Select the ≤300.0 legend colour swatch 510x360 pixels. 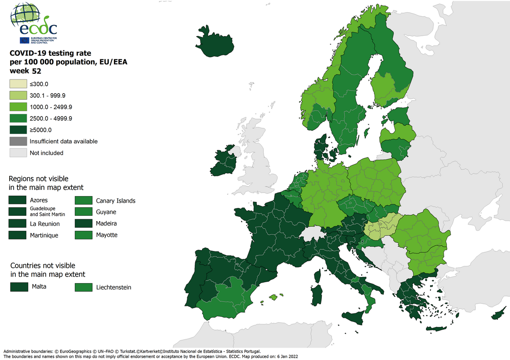click(x=18, y=84)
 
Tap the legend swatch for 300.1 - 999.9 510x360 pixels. click(x=18, y=95)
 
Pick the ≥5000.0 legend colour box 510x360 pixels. click(x=18, y=130)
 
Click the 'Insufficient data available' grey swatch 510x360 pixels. click(x=18, y=141)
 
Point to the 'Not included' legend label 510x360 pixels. click(x=47, y=153)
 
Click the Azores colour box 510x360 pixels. click(x=18, y=200)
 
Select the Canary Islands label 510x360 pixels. click(x=116, y=201)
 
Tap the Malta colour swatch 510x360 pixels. click(x=18, y=287)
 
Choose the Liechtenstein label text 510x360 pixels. click(x=113, y=287)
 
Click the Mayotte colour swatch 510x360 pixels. click(x=83, y=235)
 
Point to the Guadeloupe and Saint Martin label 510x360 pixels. click(x=47, y=211)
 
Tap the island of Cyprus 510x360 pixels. click(x=498, y=315)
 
